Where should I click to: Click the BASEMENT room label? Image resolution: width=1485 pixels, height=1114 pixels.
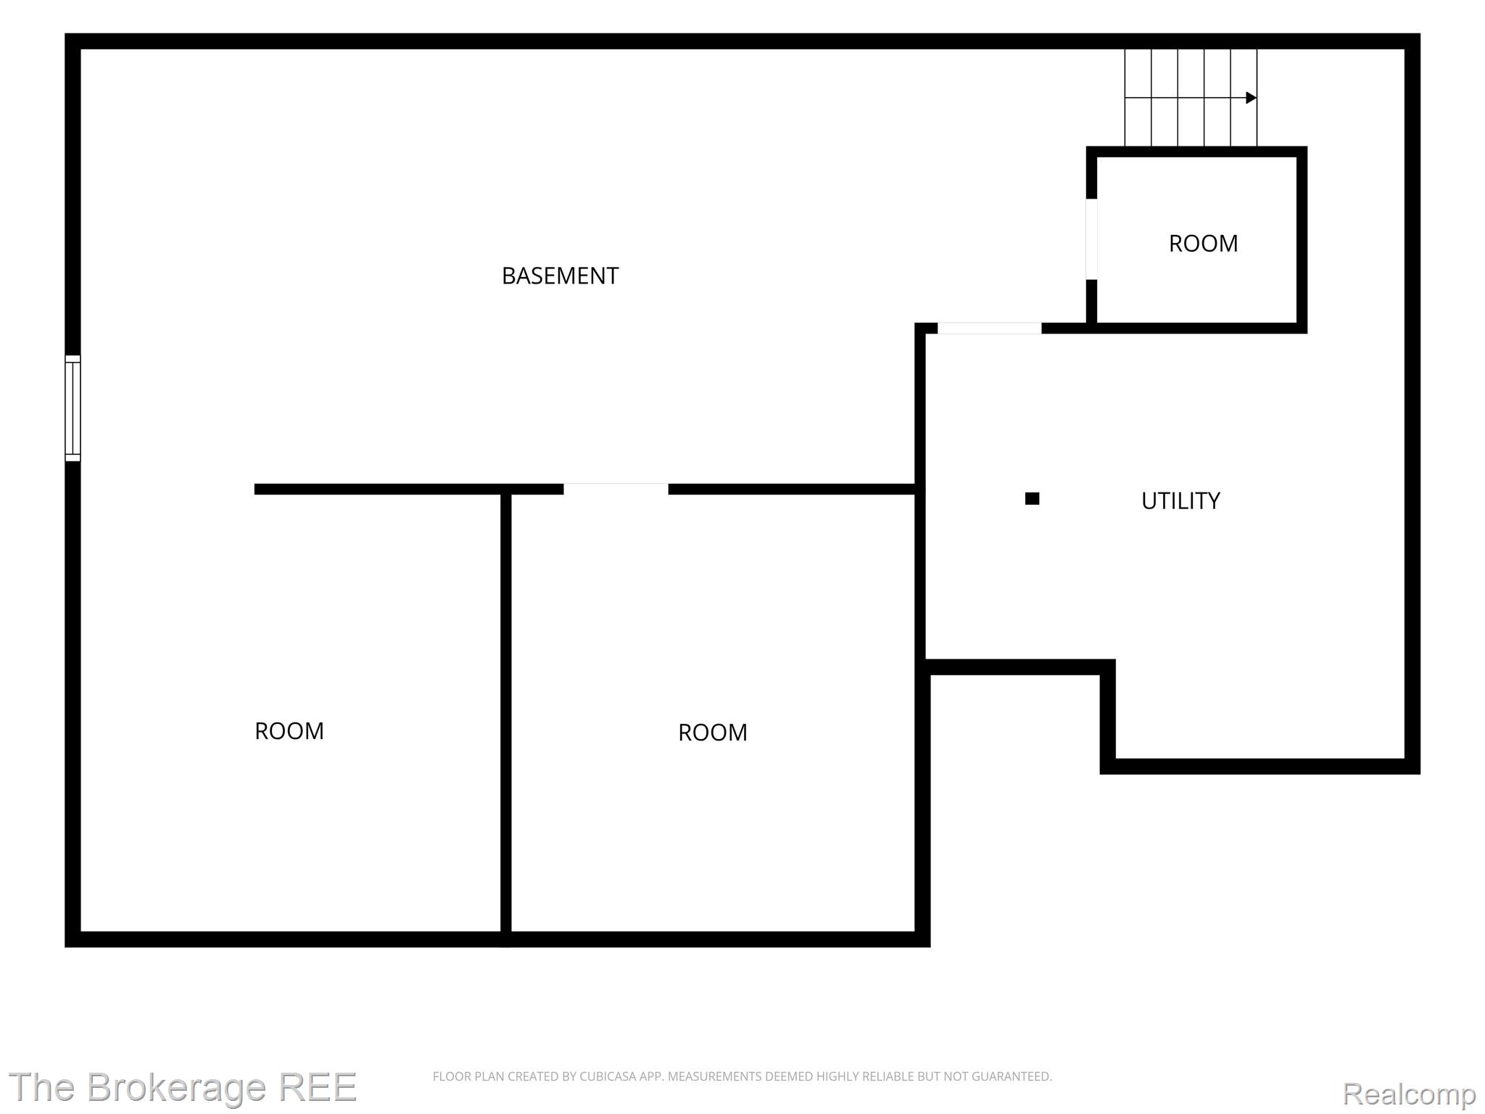[560, 276]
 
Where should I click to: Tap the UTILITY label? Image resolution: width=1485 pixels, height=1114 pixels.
[1180, 500]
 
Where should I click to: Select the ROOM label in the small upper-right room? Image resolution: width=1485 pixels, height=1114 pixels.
[1203, 243]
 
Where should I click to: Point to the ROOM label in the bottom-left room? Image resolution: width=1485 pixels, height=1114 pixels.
[289, 730]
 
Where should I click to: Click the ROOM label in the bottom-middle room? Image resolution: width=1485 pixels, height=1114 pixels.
[712, 733]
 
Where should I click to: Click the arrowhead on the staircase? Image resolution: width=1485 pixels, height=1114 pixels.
[1251, 97]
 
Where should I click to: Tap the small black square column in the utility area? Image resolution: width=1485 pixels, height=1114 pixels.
[1032, 498]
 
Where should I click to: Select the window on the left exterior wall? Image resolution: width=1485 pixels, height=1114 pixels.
[73, 408]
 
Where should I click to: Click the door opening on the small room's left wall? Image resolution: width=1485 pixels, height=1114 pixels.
[1091, 239]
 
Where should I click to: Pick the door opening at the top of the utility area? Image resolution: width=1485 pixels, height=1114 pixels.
[989, 328]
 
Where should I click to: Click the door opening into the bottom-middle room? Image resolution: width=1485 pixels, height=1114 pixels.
[616, 489]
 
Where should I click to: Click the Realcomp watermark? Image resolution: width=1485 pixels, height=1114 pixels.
[1409, 1093]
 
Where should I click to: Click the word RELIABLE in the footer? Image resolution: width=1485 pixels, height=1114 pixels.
[889, 1076]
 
